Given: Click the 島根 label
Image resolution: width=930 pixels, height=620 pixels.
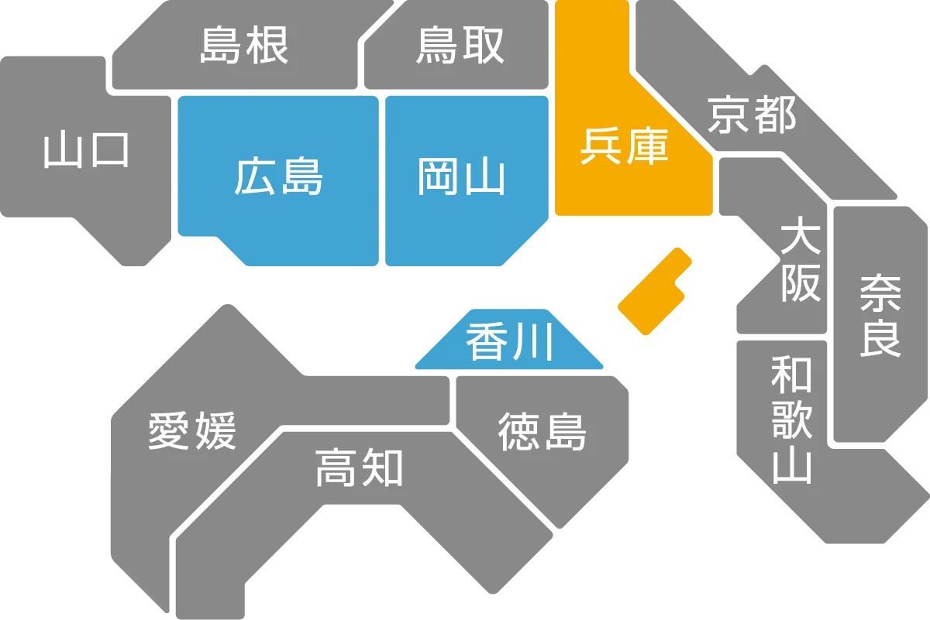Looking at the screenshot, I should [x=244, y=46].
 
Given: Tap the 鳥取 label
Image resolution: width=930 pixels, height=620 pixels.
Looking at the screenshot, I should [x=460, y=46].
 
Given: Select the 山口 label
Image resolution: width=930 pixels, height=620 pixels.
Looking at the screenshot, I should [x=86, y=150].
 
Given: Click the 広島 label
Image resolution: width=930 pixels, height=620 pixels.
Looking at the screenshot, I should [x=278, y=176].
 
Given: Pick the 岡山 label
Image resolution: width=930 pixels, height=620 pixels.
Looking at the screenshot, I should [x=461, y=176].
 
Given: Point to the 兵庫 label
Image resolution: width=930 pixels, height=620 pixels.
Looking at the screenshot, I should [x=624, y=145].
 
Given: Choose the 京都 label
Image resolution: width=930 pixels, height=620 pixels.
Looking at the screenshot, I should [x=752, y=115].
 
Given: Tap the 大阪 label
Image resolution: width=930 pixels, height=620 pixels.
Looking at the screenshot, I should [x=800, y=260].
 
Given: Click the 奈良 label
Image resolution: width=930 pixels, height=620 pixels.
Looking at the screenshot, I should [x=880, y=315].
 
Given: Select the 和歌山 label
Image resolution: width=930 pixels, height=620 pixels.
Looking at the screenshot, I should [x=791, y=420].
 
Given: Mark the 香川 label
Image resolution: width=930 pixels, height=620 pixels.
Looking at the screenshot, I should [x=510, y=341].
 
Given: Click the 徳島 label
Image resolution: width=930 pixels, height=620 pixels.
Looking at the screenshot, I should [x=542, y=431].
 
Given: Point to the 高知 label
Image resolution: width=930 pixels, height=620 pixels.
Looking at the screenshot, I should [x=359, y=468].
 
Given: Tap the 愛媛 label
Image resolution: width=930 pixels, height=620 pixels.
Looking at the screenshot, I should [x=192, y=430].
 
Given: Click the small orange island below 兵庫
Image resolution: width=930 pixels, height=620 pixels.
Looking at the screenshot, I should [x=653, y=293].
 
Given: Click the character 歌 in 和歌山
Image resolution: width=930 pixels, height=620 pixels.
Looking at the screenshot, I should [x=791, y=420].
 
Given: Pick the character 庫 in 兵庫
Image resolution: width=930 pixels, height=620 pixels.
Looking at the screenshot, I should [x=646, y=145].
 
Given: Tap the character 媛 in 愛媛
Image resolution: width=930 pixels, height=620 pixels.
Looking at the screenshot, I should [x=215, y=430].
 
